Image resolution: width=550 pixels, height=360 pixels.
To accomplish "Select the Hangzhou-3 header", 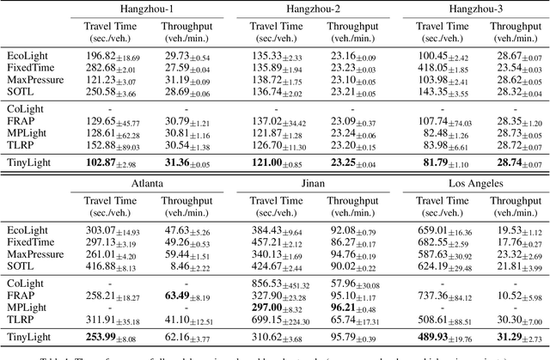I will pyautogui.click(x=466, y=9).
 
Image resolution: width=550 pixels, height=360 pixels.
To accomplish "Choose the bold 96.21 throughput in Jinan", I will pyautogui.click(x=342, y=307).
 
